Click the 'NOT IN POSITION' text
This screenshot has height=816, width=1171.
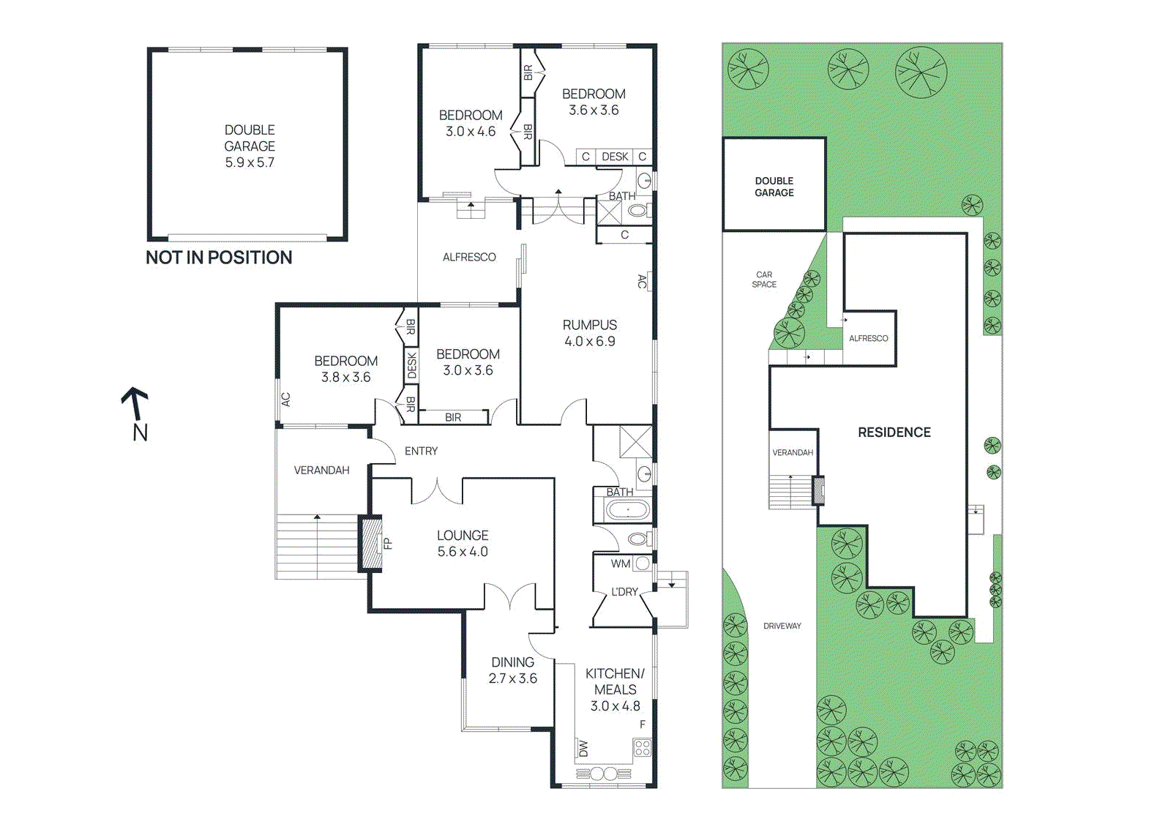pos(219,258)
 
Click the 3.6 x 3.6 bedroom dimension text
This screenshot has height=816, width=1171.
pos(594,111)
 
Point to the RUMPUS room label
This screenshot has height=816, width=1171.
pos(589,325)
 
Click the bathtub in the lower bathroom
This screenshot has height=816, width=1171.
pos(627,509)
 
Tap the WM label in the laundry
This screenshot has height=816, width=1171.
pos(620,564)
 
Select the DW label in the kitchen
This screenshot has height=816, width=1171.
pos(583,749)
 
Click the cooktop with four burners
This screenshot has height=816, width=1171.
pos(642,748)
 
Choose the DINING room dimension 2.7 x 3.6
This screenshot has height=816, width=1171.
pos(512,678)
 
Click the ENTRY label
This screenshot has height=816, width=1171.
pos(421,452)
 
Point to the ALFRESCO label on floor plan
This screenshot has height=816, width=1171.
pos(469,258)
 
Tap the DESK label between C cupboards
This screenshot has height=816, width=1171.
pos(615,157)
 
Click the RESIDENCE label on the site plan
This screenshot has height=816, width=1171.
pos(894,433)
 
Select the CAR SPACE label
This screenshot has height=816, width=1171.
pos(764,280)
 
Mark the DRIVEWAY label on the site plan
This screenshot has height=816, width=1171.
pos(782,626)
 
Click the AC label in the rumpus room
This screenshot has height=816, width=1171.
pos(642,281)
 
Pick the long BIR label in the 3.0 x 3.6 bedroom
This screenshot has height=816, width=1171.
pos(453,417)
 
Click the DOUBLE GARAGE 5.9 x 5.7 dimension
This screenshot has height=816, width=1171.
pos(249,162)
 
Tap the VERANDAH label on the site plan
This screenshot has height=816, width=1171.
pos(793,453)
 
